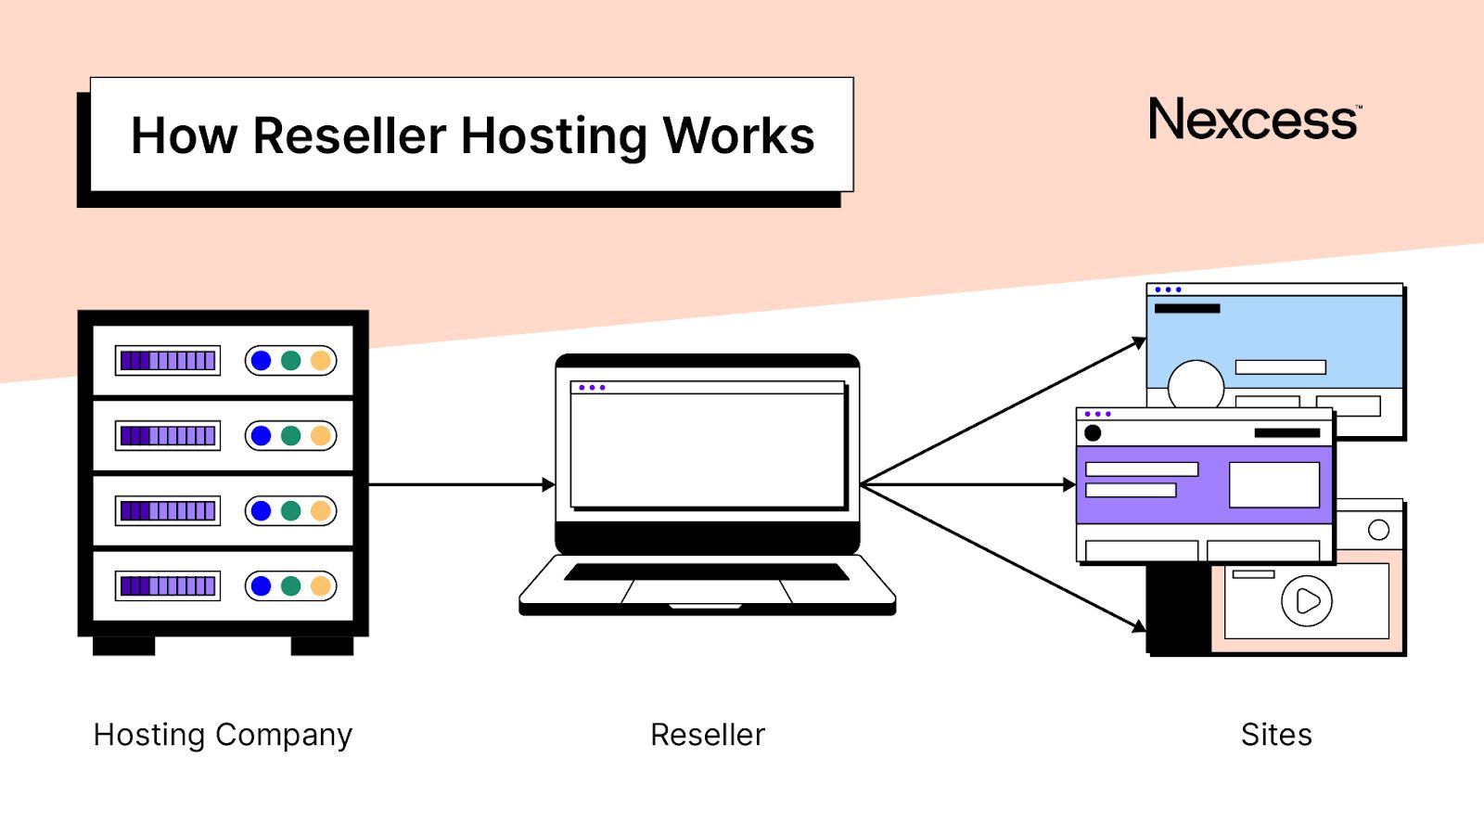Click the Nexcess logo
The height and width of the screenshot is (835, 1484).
(1254, 120)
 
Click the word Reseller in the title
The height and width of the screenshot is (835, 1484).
(350, 136)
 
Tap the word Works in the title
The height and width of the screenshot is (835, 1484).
(738, 136)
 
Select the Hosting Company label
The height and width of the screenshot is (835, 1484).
(223, 735)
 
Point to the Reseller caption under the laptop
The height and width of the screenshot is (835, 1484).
(708, 735)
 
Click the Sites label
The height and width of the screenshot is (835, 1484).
(1276, 735)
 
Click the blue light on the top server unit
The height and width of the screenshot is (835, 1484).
(262, 361)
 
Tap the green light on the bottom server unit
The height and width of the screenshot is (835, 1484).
(291, 585)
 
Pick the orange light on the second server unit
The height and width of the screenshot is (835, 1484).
(321, 436)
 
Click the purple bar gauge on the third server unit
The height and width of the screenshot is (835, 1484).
(168, 510)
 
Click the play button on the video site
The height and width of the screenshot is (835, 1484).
(1307, 601)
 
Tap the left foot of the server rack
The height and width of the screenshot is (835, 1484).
(123, 646)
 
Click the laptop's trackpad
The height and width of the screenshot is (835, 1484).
(707, 592)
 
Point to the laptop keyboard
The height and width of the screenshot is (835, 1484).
(707, 572)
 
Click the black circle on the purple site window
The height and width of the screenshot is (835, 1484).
(1093, 432)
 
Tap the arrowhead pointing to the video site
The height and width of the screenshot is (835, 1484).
(1139, 626)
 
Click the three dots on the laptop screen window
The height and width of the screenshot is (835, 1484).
(592, 388)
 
